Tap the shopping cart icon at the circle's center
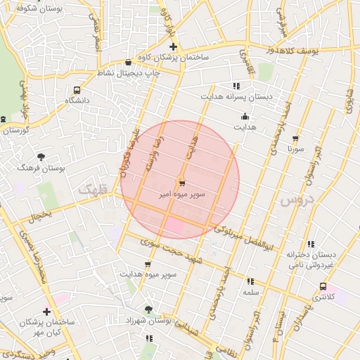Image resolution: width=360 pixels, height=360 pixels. (x=181, y=182)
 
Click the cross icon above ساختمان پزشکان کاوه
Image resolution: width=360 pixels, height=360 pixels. (x=173, y=46)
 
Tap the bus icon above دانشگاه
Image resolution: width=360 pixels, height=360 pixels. (x=77, y=90)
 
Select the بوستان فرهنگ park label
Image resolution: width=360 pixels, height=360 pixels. (x=42, y=169)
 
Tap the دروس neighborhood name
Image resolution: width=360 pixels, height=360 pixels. (x=295, y=200)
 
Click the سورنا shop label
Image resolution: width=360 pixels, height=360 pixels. (x=295, y=149)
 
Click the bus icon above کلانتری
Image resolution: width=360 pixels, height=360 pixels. (x=323, y=286)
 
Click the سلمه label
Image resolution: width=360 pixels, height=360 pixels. (x=251, y=292)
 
